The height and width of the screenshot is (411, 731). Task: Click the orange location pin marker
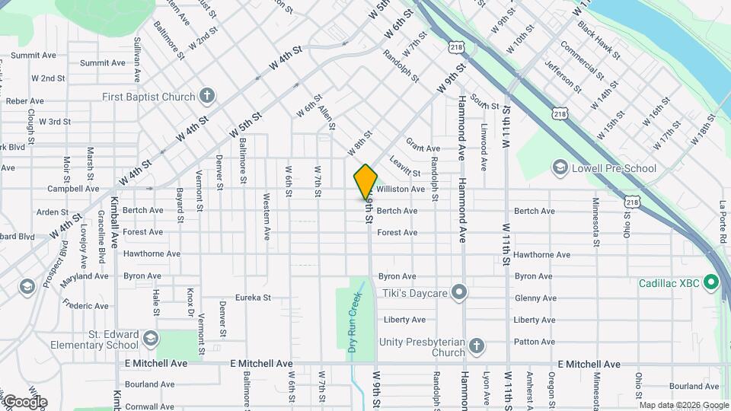coord(365,181)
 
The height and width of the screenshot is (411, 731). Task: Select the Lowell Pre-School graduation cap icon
coord(560,167)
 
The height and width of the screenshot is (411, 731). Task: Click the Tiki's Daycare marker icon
coord(458,292)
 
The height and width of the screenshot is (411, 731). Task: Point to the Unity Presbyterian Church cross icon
coord(477,347)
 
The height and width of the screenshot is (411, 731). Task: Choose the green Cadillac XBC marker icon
coord(711,283)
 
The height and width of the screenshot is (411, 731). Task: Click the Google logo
coord(24,402)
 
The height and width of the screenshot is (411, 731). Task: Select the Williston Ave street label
coord(400,189)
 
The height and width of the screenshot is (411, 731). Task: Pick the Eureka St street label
coord(253,298)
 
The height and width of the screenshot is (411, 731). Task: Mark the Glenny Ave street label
coord(535,298)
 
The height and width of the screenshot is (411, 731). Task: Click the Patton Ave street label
coord(535,342)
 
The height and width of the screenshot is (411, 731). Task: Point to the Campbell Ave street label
coord(73,189)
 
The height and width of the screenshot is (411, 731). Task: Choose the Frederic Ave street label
coord(86,306)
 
